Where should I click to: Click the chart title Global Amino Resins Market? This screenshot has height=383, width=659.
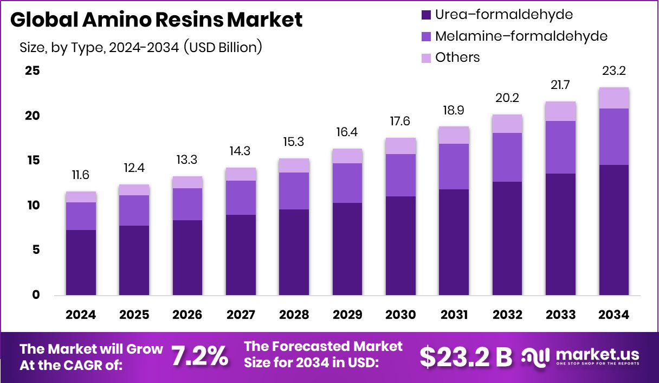(x=157, y=20)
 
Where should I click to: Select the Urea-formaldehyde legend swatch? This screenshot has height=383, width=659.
(x=425, y=15)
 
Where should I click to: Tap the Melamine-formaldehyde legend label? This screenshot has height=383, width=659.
(x=521, y=36)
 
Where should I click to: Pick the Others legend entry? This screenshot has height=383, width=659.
(x=457, y=58)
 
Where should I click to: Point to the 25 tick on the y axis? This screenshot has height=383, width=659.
(x=32, y=71)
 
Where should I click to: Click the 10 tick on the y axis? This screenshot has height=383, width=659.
(x=32, y=206)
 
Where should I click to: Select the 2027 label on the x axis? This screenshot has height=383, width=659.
(x=241, y=315)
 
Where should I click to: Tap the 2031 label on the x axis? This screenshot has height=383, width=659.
(x=454, y=315)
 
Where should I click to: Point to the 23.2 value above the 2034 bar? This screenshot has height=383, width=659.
(x=613, y=72)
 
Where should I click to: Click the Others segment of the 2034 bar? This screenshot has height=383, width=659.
(x=613, y=98)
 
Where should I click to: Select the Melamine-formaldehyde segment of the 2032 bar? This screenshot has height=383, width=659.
(x=507, y=157)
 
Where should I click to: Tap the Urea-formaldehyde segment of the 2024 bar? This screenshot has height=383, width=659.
(x=81, y=263)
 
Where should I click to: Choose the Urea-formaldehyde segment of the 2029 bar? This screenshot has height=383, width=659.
(x=347, y=249)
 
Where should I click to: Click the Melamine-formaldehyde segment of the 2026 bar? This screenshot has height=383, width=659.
(x=188, y=204)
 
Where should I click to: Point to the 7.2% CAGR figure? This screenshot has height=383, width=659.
(x=200, y=356)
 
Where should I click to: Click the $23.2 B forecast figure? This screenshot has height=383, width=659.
(x=466, y=356)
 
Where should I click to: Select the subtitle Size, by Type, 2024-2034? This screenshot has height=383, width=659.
(x=141, y=47)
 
